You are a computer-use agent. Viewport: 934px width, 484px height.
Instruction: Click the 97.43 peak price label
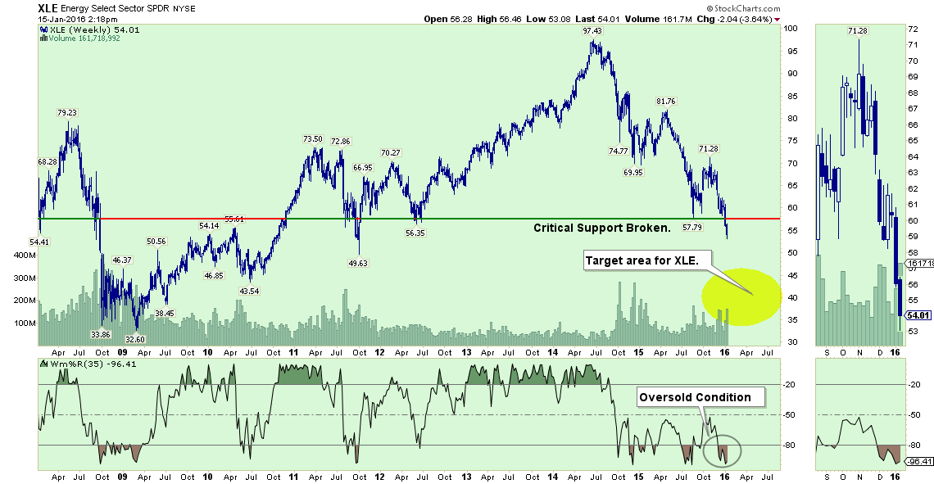coord(592,31)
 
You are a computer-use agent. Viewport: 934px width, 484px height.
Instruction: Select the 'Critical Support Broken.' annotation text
coord(602,227)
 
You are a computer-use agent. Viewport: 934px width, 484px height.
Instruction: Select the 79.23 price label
coord(67,113)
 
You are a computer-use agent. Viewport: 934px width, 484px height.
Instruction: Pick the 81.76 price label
coord(665,101)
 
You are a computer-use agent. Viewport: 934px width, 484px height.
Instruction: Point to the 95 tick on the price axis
coord(791,51)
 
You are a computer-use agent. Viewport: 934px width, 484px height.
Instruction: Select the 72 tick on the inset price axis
coord(910,29)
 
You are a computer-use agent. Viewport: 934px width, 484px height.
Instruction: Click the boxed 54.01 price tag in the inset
coord(917,315)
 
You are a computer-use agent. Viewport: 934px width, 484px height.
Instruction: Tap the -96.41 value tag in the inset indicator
coord(918,461)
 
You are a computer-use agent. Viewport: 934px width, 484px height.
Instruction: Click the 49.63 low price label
coord(357,264)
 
